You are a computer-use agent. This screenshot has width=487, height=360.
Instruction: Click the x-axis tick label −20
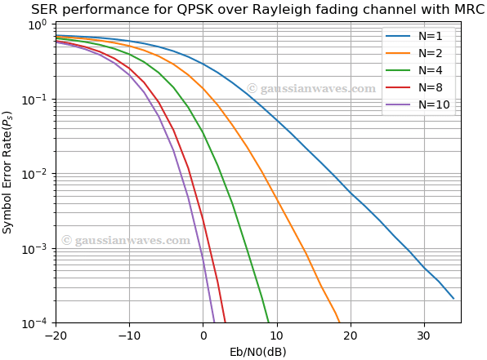56,336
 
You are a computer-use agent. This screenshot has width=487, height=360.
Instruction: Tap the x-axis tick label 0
203,336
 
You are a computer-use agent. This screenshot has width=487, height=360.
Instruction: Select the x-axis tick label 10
276,336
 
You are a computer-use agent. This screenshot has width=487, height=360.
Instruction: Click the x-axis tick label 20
350,336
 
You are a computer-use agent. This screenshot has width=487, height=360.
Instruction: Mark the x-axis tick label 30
423,336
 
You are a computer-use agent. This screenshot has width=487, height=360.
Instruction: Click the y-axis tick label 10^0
38,24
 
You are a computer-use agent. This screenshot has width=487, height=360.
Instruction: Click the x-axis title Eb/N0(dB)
258,352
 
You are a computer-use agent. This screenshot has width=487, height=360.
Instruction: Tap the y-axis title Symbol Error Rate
9,173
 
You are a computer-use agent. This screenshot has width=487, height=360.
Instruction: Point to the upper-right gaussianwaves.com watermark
311,88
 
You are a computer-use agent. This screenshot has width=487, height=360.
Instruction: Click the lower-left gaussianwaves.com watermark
126,240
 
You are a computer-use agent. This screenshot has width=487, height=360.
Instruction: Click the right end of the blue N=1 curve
453,299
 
